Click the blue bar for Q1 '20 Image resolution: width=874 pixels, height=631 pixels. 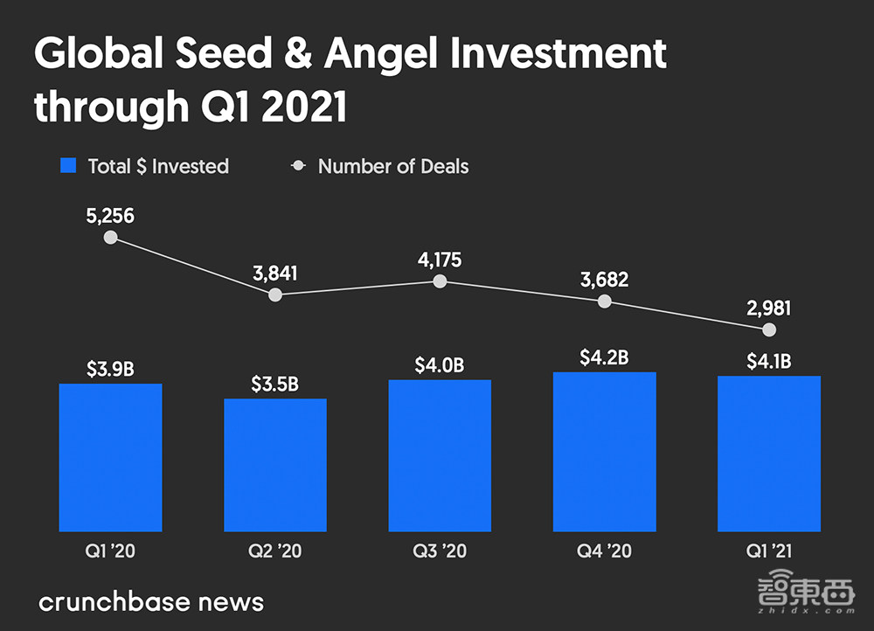(x=110, y=457)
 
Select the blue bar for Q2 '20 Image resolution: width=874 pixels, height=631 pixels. (x=275, y=465)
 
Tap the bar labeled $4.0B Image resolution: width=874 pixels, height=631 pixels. (x=440, y=455)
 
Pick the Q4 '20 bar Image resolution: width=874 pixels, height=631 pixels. (x=604, y=452)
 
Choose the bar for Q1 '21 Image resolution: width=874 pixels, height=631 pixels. (x=769, y=454)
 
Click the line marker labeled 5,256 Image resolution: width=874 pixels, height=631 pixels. (x=110, y=237)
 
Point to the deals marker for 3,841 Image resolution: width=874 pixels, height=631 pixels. (x=275, y=295)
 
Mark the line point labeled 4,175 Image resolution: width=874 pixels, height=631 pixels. (x=440, y=281)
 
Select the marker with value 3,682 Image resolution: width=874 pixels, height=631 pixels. (x=604, y=302)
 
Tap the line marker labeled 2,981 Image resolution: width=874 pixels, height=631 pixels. (x=769, y=329)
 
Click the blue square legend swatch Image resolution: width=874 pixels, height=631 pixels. (x=68, y=166)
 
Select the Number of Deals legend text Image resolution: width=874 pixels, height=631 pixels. (x=393, y=166)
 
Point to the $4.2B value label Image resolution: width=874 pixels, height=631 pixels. (x=604, y=357)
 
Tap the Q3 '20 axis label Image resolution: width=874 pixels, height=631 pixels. (x=440, y=552)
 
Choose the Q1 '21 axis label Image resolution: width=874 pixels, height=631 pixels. (x=769, y=552)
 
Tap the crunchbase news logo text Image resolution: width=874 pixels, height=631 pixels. (x=151, y=601)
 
